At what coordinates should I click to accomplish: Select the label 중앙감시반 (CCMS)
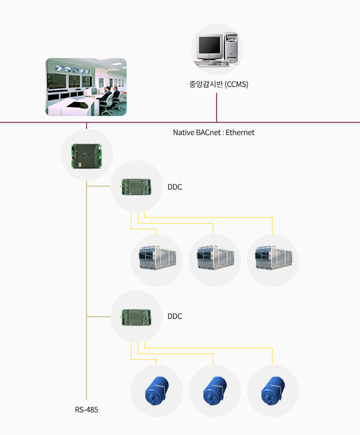[219, 84]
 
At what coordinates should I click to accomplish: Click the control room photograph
[86, 86]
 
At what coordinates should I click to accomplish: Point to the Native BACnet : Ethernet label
[214, 132]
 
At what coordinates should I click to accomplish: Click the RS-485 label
[87, 409]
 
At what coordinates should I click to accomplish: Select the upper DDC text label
[175, 187]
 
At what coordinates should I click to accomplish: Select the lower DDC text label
[175, 316]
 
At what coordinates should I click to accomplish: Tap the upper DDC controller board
[136, 187]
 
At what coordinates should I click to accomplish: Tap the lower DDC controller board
[136, 316]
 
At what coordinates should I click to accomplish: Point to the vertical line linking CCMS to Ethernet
[217, 107]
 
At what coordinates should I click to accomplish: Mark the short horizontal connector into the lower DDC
[99, 316]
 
